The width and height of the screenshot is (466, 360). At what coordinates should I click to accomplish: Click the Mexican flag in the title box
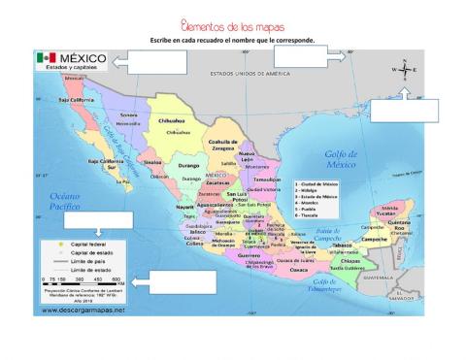click(47, 58)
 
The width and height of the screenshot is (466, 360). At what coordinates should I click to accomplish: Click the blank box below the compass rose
click(405, 110)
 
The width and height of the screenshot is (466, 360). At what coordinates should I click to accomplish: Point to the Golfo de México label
click(342, 159)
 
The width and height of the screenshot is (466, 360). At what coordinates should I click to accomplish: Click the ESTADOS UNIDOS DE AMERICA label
click(250, 74)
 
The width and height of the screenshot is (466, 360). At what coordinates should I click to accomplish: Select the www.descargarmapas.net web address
click(83, 310)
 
